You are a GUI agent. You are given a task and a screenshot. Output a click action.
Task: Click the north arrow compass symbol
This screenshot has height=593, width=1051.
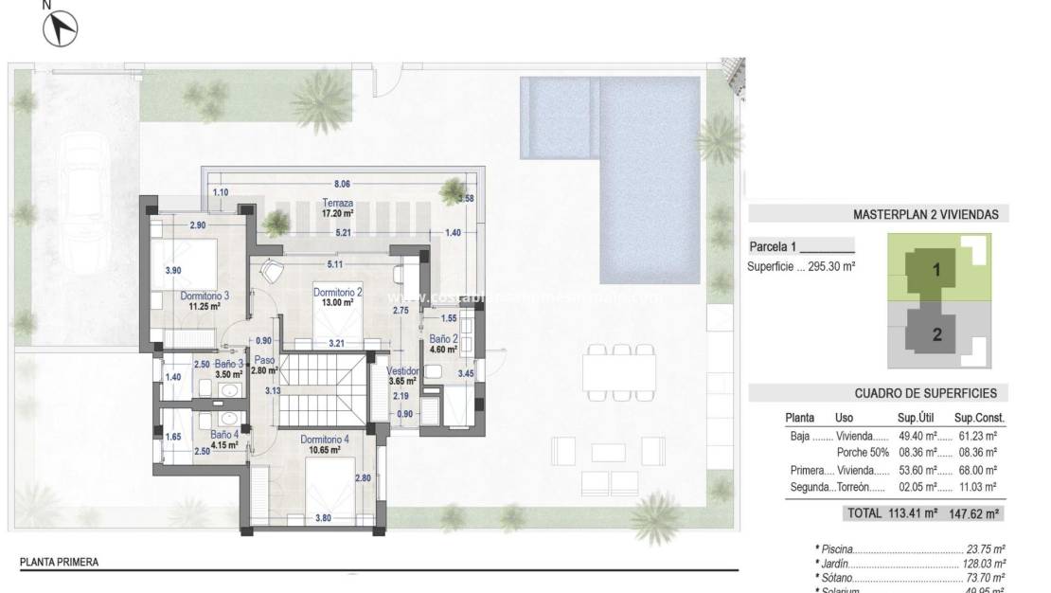click(x=61, y=29)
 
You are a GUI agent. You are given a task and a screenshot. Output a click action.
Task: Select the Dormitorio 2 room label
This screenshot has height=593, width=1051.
click(x=338, y=293)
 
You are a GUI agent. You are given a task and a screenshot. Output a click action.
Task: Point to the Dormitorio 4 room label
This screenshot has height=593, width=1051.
click(x=325, y=440)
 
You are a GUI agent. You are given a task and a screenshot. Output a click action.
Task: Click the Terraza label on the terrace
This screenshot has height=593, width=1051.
click(x=337, y=204)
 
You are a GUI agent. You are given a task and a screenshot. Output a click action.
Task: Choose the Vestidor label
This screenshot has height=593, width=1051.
click(x=403, y=370)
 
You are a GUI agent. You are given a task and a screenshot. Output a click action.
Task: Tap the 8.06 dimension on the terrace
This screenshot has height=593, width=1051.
click(x=343, y=184)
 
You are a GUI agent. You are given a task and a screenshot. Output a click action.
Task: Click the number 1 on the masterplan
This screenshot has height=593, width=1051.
click(x=936, y=270)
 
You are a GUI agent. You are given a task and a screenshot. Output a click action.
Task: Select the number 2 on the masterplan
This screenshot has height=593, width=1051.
click(x=936, y=333)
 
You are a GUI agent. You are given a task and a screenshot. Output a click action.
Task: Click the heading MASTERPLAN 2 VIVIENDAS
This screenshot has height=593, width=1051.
click(x=925, y=215)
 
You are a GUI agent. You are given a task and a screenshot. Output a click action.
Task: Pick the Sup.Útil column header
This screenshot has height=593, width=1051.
click(x=917, y=417)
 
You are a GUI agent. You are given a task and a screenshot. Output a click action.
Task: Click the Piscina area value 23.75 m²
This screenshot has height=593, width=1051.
click(x=985, y=548)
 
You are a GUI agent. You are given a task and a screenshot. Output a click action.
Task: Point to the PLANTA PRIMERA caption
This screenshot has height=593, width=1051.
click(x=59, y=562)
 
